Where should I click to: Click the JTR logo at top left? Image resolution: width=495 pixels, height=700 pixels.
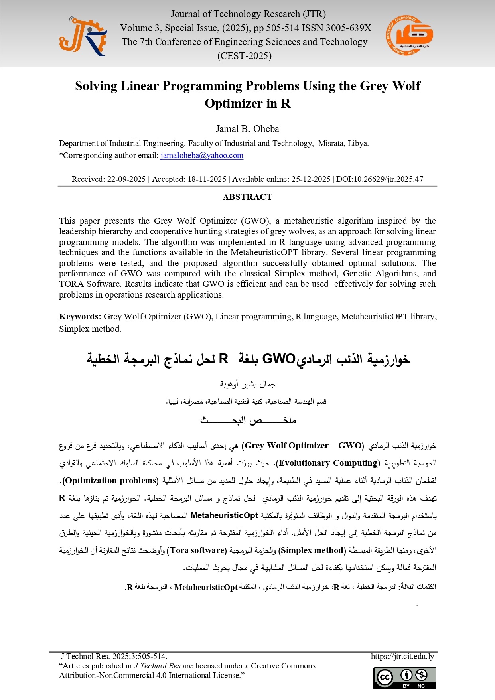pyautogui.click(x=83, y=36)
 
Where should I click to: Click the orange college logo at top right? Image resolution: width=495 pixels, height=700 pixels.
pyautogui.click(x=409, y=36)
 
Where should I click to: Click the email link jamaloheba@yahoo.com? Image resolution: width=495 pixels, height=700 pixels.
pyautogui.click(x=202, y=156)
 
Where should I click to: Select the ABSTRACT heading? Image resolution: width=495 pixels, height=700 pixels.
pyautogui.click(x=247, y=197)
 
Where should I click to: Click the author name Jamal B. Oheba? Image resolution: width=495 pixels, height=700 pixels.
pyautogui.click(x=247, y=129)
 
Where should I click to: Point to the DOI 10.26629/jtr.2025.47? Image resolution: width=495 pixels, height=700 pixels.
pyautogui.click(x=379, y=179)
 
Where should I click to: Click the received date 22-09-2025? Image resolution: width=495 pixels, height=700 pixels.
pyautogui.click(x=126, y=179)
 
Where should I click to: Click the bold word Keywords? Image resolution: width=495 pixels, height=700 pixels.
pyautogui.click(x=80, y=317)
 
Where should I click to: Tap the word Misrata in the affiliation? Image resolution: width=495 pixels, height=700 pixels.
pyautogui.click(x=331, y=144)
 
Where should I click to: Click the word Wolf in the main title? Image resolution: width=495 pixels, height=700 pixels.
pyautogui.click(x=406, y=86)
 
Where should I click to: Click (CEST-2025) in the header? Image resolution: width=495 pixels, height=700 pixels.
pyautogui.click(x=245, y=56)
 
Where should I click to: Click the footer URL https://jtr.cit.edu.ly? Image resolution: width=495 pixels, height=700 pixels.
pyautogui.click(x=402, y=657)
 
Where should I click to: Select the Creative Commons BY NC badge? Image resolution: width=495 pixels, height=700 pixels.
pyautogui.click(x=404, y=678)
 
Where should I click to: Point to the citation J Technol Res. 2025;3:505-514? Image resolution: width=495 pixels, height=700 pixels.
pyautogui.click(x=114, y=657)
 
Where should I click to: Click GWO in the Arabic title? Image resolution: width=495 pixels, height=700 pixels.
pyautogui.click(x=278, y=359)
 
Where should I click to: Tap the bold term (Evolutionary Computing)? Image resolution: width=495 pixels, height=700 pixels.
pyautogui.click(x=328, y=463)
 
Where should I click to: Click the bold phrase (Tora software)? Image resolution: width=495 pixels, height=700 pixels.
pyautogui.click(x=197, y=550)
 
